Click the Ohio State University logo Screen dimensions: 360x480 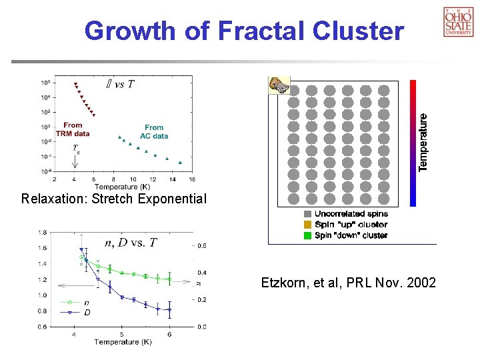click(x=458, y=21)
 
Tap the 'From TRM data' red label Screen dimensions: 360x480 click(x=73, y=129)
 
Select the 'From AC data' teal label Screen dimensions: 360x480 click(x=154, y=131)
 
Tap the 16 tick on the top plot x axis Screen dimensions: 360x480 click(x=192, y=179)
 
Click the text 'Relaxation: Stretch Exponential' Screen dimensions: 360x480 click(x=114, y=199)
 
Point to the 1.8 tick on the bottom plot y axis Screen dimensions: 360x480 click(x=42, y=232)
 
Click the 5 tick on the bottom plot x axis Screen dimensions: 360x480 click(x=121, y=334)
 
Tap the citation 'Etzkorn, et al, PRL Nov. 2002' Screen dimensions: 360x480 click(x=348, y=283)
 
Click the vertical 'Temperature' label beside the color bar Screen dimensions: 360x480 click(x=423, y=141)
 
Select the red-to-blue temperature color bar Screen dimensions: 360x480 click(x=413, y=143)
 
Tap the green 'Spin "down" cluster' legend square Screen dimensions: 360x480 click(x=307, y=235)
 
